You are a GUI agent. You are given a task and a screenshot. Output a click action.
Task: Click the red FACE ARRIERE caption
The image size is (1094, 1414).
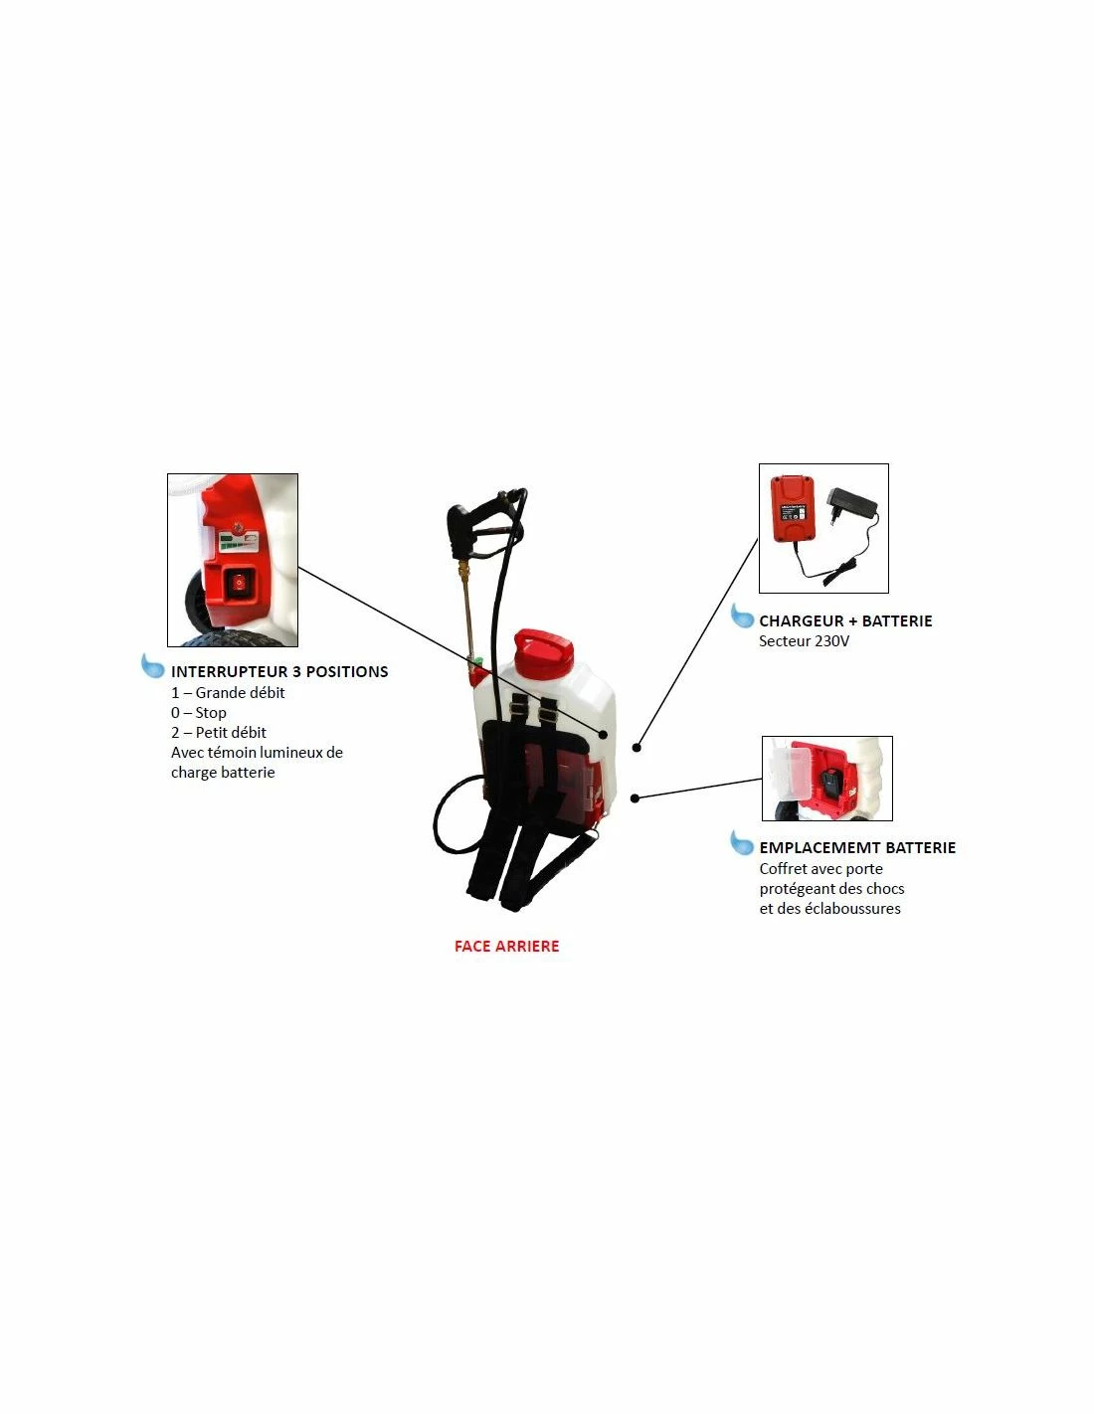click(506, 946)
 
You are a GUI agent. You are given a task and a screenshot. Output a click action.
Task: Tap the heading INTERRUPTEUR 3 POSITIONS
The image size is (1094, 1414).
click(279, 671)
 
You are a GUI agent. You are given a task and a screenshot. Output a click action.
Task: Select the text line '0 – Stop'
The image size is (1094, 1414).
click(199, 713)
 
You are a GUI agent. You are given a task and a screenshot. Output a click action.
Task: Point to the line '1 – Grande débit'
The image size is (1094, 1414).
click(228, 692)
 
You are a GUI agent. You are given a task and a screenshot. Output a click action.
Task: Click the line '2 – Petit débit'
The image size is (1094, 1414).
click(219, 733)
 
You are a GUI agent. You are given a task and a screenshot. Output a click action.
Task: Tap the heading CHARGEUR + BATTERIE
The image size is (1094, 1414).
click(845, 620)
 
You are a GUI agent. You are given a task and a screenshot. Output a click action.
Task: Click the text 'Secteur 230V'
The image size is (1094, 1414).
click(804, 641)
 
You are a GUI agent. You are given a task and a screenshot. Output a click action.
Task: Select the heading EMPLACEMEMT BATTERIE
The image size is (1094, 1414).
click(857, 848)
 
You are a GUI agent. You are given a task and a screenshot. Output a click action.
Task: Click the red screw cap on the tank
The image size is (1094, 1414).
click(543, 651)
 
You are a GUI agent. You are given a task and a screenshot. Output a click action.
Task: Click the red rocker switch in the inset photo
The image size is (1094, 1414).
click(239, 583)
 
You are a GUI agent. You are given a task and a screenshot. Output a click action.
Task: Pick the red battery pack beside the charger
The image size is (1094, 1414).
click(792, 508)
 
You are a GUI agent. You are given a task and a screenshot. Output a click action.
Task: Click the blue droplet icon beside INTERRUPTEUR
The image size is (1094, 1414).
click(153, 665)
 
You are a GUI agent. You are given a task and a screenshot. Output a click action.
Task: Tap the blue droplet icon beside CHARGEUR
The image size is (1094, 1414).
click(742, 616)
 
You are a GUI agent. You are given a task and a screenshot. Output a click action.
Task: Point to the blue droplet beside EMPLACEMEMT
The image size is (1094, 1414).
click(742, 842)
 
